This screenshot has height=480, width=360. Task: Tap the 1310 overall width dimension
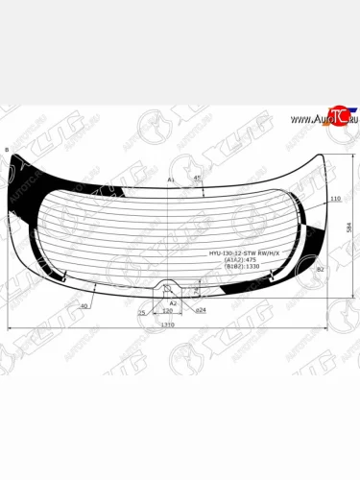coord(169,324)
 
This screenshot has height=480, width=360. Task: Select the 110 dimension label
coord(335,199)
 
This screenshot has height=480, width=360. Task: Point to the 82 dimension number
coord(320,272)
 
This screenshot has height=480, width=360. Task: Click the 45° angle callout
coord(197,179)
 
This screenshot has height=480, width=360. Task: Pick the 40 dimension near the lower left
coord(84,305)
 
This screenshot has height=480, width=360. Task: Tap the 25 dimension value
coord(142,312)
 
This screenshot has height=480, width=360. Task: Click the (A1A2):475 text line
coord(235,259)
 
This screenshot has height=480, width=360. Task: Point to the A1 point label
coord(171,180)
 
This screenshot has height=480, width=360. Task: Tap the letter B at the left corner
coord(7,152)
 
